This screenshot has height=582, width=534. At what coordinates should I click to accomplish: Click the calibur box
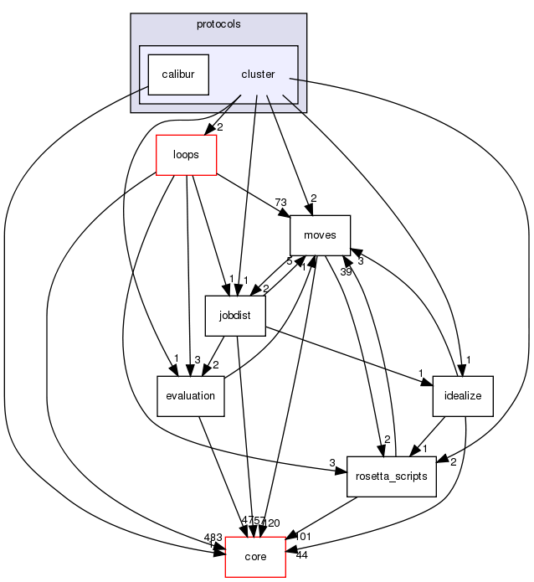pyautogui.click(x=178, y=75)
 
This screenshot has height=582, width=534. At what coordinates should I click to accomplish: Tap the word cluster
pyautogui.click(x=258, y=75)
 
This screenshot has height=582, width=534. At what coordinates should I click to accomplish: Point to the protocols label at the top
pyautogui.click(x=218, y=24)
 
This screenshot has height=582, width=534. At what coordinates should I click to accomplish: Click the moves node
pyautogui.click(x=320, y=235)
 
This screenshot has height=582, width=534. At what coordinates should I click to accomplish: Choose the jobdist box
pyautogui.click(x=235, y=316)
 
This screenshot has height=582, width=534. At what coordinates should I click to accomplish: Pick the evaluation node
pyautogui.click(x=191, y=396)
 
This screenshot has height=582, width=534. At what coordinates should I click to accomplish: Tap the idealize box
pyautogui.click(x=463, y=396)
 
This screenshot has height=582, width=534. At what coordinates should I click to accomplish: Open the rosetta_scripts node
pyautogui.click(x=392, y=476)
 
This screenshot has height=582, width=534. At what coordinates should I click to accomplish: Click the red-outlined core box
pyautogui.click(x=255, y=557)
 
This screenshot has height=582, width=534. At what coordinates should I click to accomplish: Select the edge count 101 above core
pyautogui.click(x=303, y=536)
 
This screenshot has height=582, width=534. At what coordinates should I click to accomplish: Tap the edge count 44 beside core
pyautogui.click(x=301, y=555)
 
